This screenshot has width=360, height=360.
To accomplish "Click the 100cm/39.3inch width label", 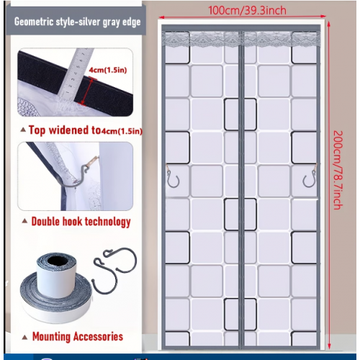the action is click(247, 11).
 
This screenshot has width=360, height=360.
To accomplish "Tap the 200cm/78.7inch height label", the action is click(338, 170).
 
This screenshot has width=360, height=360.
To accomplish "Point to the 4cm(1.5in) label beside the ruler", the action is click(108, 70).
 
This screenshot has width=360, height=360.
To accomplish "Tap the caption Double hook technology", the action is click(81, 222).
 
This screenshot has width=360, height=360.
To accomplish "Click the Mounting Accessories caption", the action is click(78, 336).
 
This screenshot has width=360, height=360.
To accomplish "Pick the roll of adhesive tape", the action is click(56, 288).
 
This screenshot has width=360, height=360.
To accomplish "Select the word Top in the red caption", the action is click(37, 130).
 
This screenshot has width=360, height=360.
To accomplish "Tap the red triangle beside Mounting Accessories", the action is click(24, 338).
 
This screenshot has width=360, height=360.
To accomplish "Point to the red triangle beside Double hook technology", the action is click(24, 221).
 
